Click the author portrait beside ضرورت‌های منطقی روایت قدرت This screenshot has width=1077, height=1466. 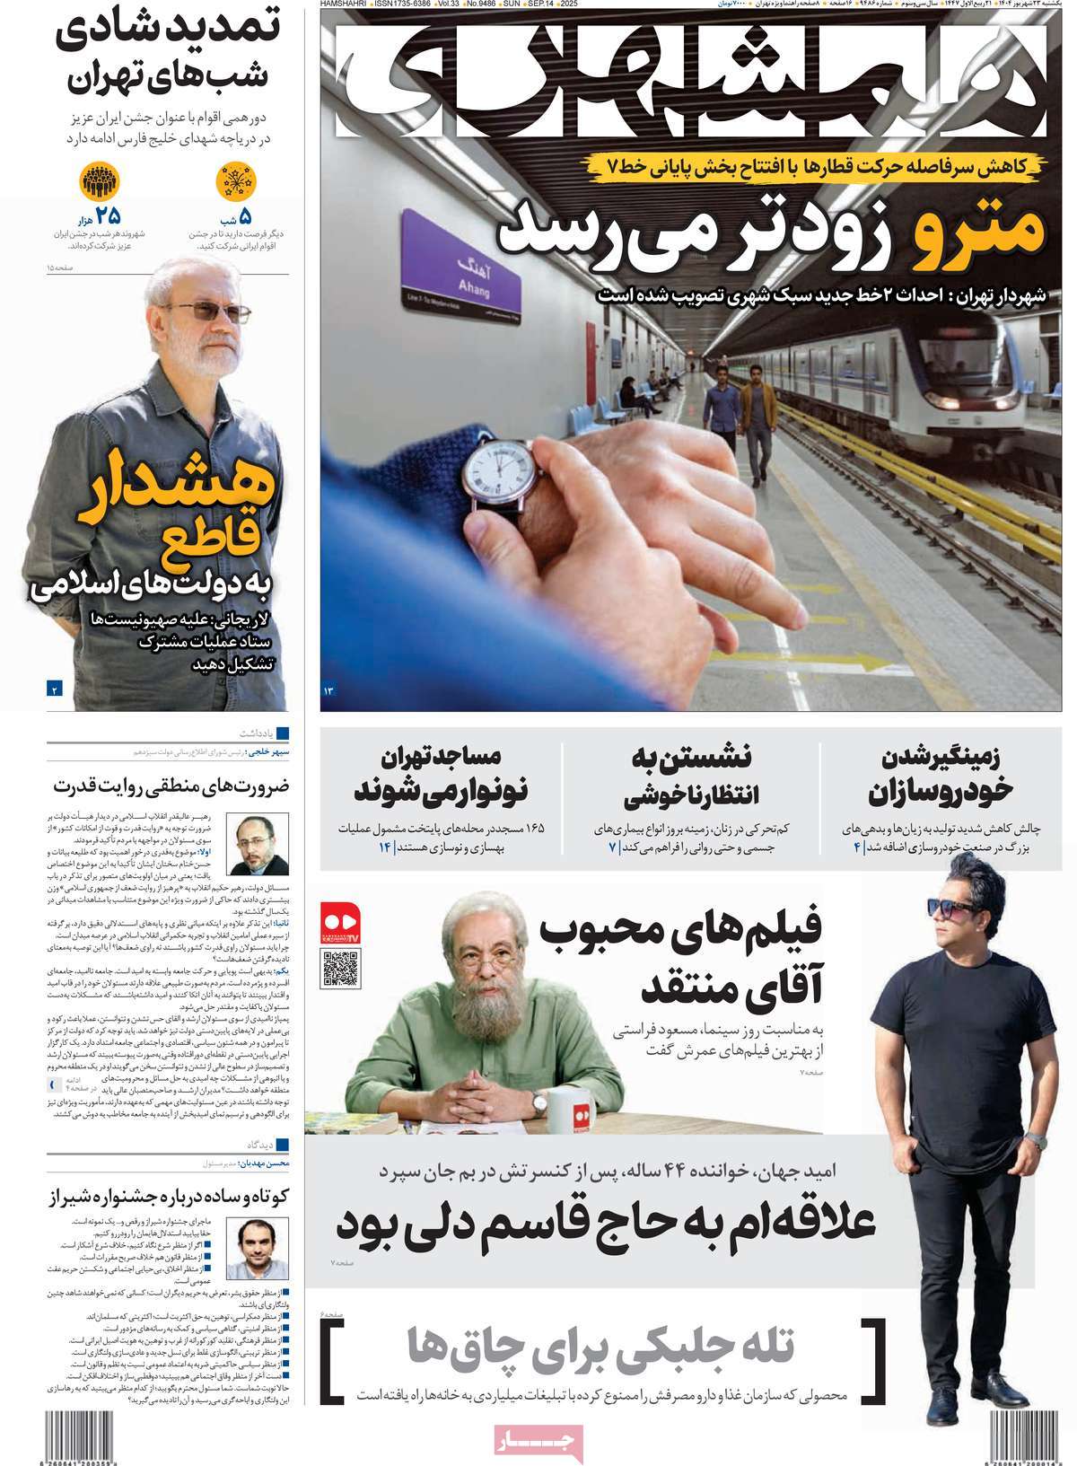click(258, 845)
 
